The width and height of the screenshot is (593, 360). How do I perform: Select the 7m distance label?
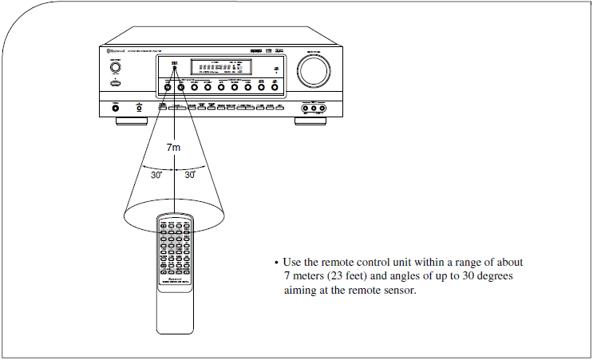(x=173, y=147)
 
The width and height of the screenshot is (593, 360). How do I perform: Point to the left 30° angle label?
(x=157, y=174)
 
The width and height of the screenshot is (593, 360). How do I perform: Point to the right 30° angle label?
(x=190, y=174)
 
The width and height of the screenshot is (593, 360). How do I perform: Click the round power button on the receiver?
(x=117, y=67)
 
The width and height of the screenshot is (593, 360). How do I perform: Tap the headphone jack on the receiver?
(x=117, y=107)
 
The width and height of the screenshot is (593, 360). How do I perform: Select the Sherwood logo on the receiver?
(x=114, y=52)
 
